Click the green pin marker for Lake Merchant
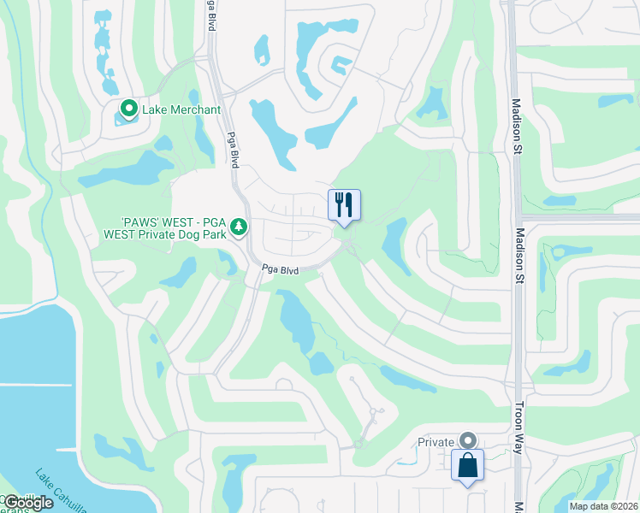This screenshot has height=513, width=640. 128,109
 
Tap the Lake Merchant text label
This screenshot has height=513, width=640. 182,109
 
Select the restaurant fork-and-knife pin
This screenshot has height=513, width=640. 344,205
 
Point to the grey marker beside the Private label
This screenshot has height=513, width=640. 468,440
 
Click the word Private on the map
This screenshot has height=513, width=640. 436,442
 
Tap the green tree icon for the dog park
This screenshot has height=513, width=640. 241,227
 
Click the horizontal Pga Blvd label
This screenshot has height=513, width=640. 280,270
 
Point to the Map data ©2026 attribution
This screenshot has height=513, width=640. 603,506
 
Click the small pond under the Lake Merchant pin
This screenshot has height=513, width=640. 128,121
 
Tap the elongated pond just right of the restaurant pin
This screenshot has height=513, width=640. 394,239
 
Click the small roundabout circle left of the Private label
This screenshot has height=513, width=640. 359,444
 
